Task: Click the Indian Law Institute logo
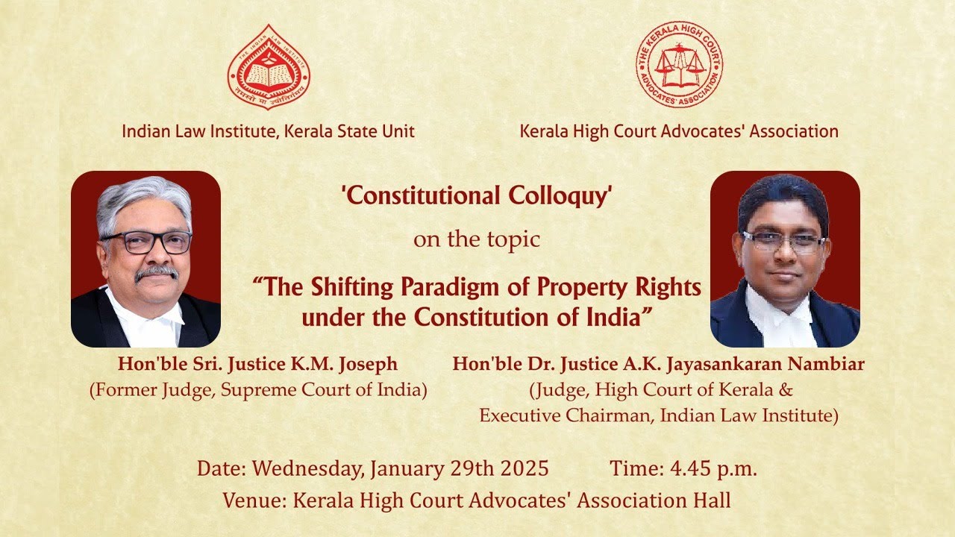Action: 269,67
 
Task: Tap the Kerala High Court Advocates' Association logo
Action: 679,64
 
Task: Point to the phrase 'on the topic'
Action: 477,240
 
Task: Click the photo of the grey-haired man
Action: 145,259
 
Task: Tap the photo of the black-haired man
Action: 785,259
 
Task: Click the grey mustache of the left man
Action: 157,273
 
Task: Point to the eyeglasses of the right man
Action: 783,242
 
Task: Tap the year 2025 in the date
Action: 522,468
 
